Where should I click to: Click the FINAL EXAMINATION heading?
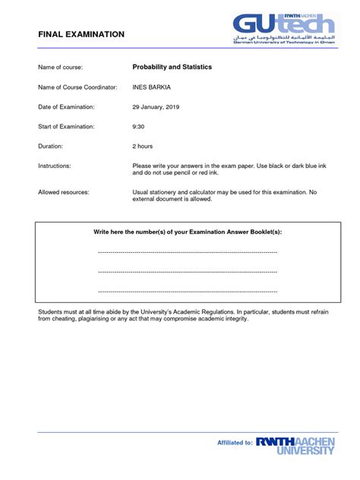coord(81,35)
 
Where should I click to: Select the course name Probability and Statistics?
coord(172,68)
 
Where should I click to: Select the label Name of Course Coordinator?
coord(77,87)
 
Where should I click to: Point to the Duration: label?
coord(55,146)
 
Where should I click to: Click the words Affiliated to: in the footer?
coord(235,442)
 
